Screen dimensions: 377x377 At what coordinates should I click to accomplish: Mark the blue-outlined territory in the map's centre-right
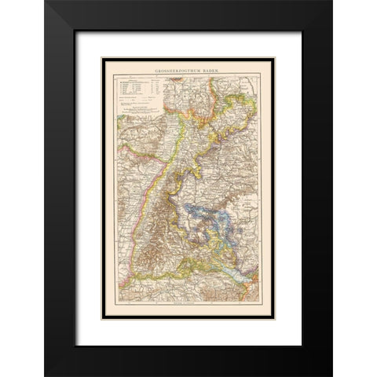pos(228,228)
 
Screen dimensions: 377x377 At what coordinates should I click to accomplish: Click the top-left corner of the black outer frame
pos(46,2)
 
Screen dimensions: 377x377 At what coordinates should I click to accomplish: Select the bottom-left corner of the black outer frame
pos(46,374)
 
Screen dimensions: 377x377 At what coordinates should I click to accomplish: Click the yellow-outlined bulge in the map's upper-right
pos(251,102)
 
